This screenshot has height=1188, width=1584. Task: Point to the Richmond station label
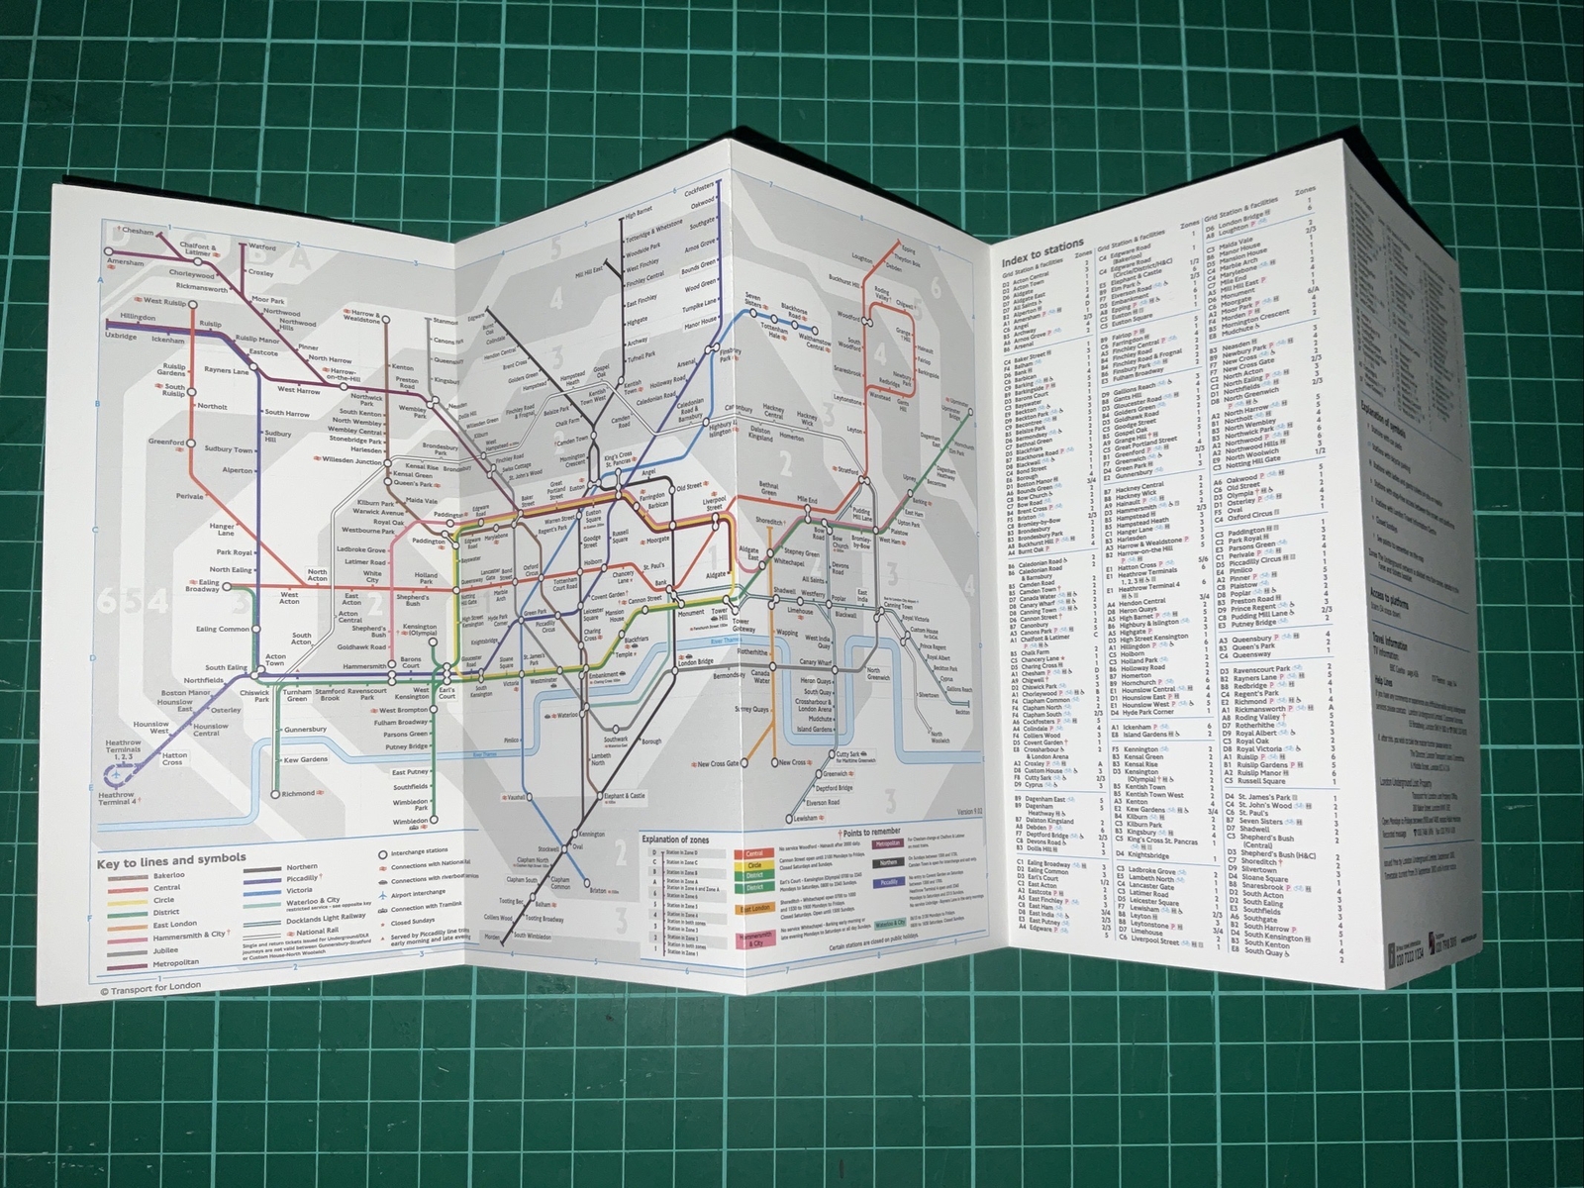pos(298,793)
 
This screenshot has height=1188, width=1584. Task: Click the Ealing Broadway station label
pos(202,587)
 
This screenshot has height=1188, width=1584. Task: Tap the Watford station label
pos(261,247)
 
